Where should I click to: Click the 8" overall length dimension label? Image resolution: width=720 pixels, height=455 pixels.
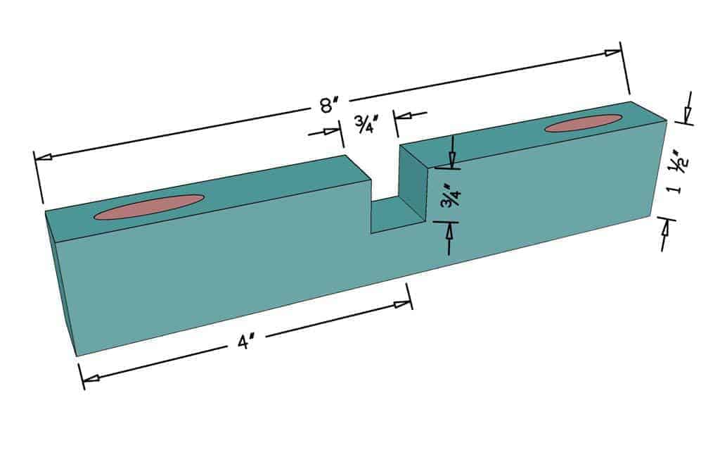click(x=325, y=107)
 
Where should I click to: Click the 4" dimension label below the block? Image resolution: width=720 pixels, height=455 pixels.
click(x=245, y=343)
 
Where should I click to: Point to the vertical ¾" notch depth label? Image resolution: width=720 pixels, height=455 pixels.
click(x=448, y=196)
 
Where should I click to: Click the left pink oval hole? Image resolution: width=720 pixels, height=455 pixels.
click(x=149, y=207)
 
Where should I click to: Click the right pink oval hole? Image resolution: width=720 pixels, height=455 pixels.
click(x=583, y=123)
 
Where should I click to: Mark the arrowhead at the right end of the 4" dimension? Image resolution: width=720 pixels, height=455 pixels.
click(x=402, y=304)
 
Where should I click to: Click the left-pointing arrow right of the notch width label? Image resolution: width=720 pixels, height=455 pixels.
click(x=406, y=115)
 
